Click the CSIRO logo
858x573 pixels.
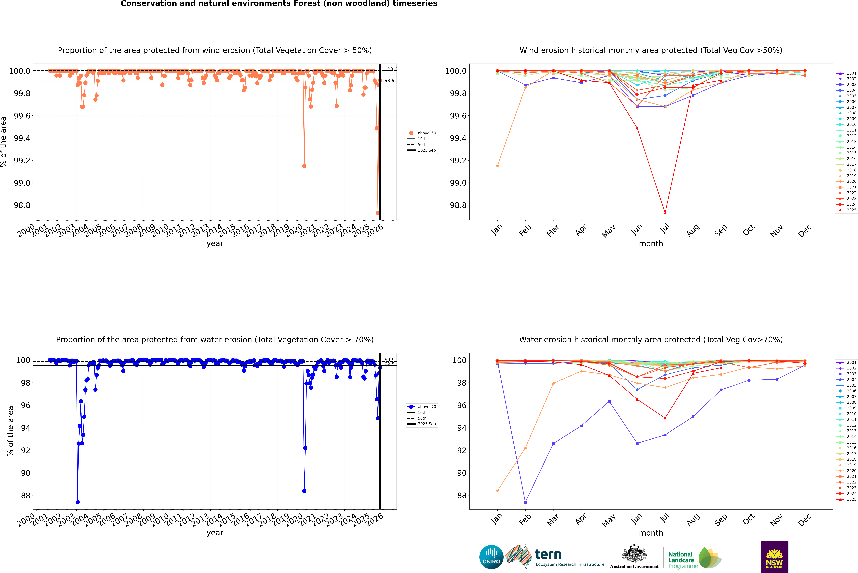(x=491, y=557)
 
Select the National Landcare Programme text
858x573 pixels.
(x=681, y=560)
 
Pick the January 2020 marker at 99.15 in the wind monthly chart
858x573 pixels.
(x=497, y=166)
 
